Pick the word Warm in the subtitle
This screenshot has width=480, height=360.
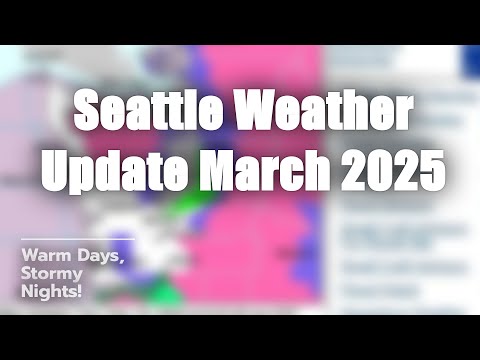[x=44, y=254]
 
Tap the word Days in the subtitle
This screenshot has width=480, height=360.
[x=99, y=255]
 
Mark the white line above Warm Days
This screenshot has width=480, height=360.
[x=76, y=240]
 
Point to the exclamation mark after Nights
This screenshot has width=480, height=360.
[x=81, y=291]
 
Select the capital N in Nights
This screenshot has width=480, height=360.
[x=28, y=291]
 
